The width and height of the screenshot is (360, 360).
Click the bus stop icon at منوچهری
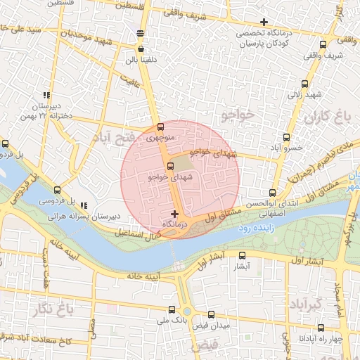(x=161, y=128)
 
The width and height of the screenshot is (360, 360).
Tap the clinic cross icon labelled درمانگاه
(x=175, y=213)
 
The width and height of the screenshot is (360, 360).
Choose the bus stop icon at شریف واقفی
(x=323, y=44)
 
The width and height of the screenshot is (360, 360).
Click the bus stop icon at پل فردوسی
(x=57, y=189)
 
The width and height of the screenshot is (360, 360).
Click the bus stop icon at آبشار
(x=240, y=256)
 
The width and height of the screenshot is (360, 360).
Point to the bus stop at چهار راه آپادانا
(x=321, y=327)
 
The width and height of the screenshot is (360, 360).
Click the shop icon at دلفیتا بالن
(x=142, y=49)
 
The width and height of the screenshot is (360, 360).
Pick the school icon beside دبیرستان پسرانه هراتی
(x=84, y=205)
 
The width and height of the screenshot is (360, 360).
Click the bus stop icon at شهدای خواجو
(x=170, y=166)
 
